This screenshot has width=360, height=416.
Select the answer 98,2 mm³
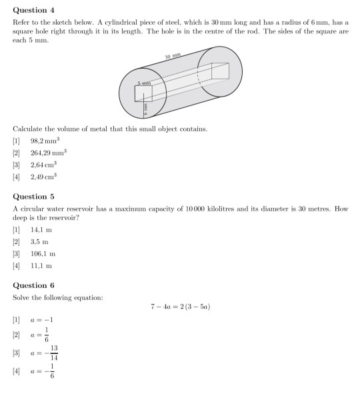tap(43, 141)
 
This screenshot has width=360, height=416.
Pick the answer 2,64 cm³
tap(43, 164)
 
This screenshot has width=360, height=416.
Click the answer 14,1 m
tap(41, 230)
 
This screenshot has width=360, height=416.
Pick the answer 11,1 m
tap(41, 265)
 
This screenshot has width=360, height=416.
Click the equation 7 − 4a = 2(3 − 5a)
tap(181, 307)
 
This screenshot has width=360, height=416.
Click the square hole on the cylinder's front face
tap(143, 93)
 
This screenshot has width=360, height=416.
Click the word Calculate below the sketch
tap(28, 129)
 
